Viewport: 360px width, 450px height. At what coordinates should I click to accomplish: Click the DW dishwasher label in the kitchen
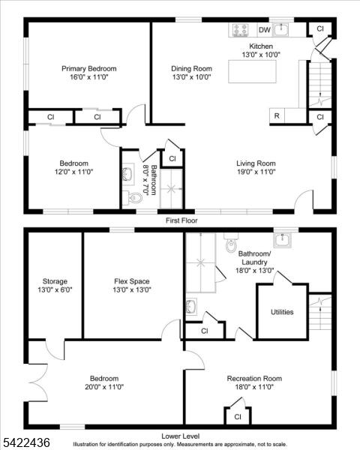(x=265, y=30)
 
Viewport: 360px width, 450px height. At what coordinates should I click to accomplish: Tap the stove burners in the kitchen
(x=241, y=30)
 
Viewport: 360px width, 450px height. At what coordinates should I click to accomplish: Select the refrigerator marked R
(x=277, y=116)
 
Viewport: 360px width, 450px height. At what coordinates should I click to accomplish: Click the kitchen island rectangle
(x=252, y=71)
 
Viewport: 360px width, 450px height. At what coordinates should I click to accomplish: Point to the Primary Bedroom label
(x=89, y=69)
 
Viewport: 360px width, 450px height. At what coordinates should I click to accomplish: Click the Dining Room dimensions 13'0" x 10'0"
(x=192, y=77)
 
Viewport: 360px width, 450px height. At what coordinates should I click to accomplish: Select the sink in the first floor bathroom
(x=127, y=173)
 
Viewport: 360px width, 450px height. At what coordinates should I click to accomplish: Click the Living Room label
(x=256, y=163)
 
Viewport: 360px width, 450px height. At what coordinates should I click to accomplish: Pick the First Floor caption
(x=181, y=220)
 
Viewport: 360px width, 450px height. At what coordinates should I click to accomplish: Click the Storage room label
(x=55, y=281)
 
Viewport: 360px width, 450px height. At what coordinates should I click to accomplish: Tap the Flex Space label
(x=132, y=281)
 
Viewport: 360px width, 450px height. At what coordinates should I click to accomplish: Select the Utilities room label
(x=282, y=312)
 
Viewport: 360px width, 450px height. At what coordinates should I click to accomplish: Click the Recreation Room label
(x=254, y=379)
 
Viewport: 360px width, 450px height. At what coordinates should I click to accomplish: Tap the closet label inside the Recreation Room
(x=238, y=417)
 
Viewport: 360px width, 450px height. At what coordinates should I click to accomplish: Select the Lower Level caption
(x=180, y=436)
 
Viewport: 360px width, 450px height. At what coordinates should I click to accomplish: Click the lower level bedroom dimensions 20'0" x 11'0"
(x=104, y=387)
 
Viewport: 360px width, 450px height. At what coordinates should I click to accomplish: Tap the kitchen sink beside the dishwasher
(x=280, y=30)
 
